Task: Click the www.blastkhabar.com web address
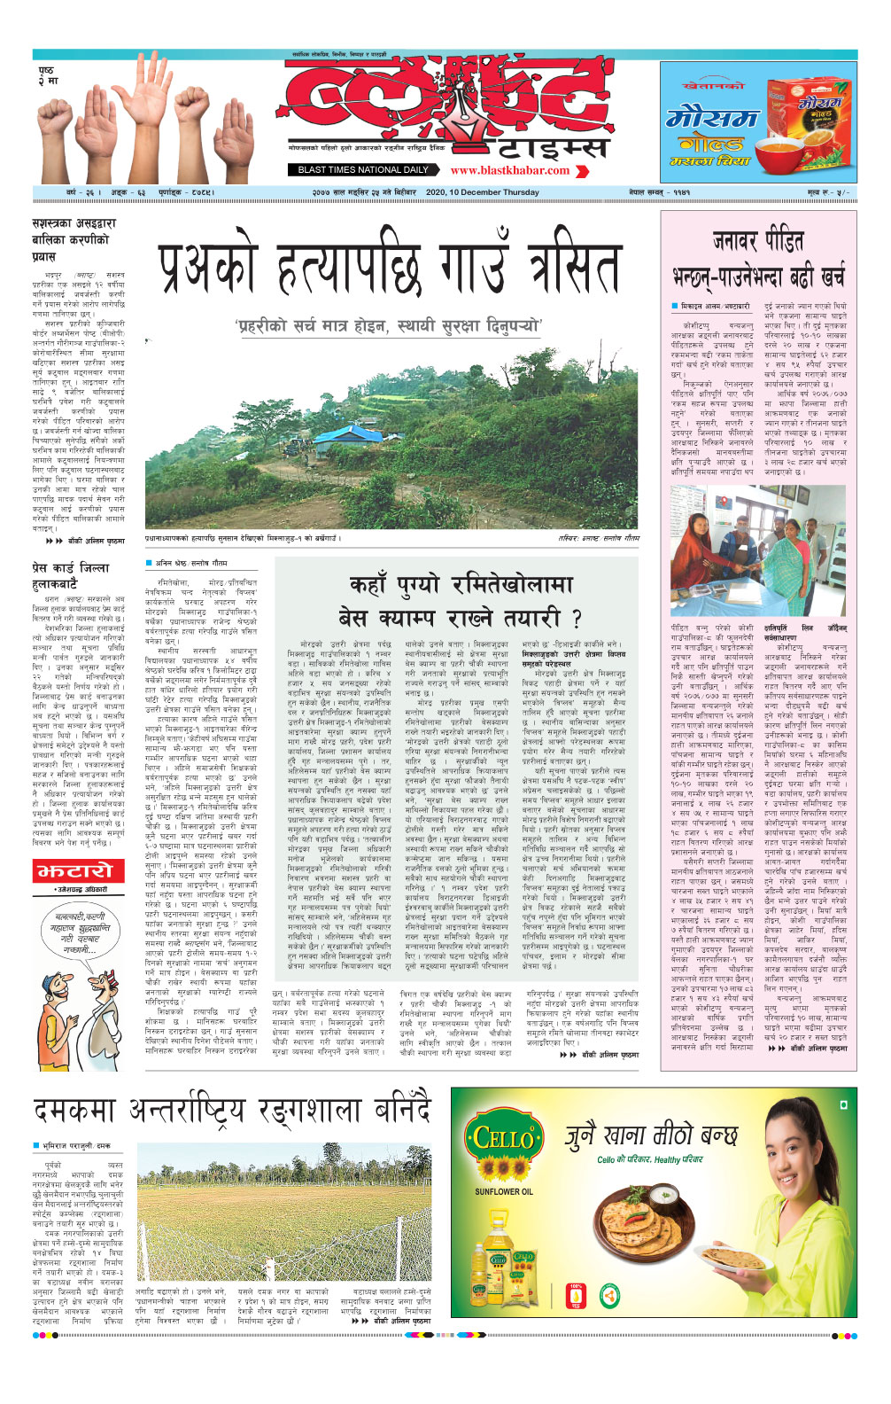[x=509, y=170]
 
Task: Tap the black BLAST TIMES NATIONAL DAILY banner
[x=363, y=170]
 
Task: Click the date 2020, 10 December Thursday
[x=482, y=192]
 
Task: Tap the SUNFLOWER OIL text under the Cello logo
[x=503, y=1191]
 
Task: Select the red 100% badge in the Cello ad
[x=577, y=1290]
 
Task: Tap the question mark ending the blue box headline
[x=577, y=618]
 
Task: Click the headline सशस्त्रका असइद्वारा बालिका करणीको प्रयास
[x=71, y=239]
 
